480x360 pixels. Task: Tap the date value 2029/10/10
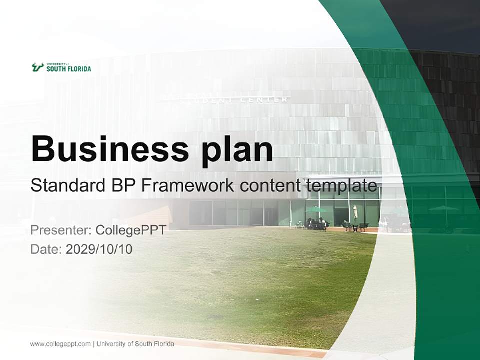tap(99, 249)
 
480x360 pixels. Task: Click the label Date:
tap(46, 249)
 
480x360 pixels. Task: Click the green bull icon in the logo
tap(37, 67)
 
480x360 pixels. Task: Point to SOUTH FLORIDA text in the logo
tap(69, 69)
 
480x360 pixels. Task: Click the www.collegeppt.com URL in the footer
tap(60, 343)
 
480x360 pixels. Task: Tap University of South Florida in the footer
tap(136, 343)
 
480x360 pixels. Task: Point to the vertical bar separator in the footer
tap(94, 343)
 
